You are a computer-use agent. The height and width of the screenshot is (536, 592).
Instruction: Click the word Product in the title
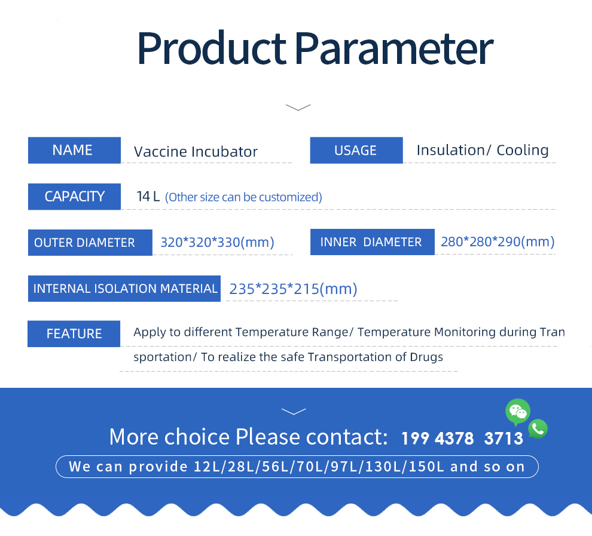[212, 48]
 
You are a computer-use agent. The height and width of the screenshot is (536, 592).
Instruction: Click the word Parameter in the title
[394, 48]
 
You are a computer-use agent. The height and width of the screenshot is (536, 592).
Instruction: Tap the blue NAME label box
[74, 150]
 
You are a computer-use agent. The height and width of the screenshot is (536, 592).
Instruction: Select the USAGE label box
[356, 150]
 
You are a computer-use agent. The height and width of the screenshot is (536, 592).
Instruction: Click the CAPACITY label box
[74, 197]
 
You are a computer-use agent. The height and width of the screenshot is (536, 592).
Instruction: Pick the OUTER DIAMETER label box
[90, 243]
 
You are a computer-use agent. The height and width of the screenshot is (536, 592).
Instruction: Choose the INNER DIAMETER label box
[373, 242]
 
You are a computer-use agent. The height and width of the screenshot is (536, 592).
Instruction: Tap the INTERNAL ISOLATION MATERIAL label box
[124, 289]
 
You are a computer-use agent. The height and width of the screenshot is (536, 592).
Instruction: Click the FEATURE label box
[74, 334]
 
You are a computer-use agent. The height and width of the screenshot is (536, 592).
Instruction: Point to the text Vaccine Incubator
[196, 152]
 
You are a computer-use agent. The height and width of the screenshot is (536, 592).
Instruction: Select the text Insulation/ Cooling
[483, 150]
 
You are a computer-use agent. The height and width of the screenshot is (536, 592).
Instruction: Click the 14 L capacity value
[148, 197]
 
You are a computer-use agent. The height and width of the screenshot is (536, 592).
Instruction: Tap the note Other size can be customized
[243, 197]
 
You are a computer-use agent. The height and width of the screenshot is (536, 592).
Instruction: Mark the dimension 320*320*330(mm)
[218, 243]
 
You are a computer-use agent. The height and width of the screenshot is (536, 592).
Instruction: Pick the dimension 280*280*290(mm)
[498, 242]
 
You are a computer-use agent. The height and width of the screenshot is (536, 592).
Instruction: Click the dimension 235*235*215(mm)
[294, 289]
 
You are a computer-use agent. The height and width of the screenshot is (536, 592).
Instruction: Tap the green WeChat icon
[518, 412]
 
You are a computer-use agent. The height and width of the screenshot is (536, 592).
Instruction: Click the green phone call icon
[538, 429]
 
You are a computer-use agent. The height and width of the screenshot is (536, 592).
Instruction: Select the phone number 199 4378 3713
[462, 439]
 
